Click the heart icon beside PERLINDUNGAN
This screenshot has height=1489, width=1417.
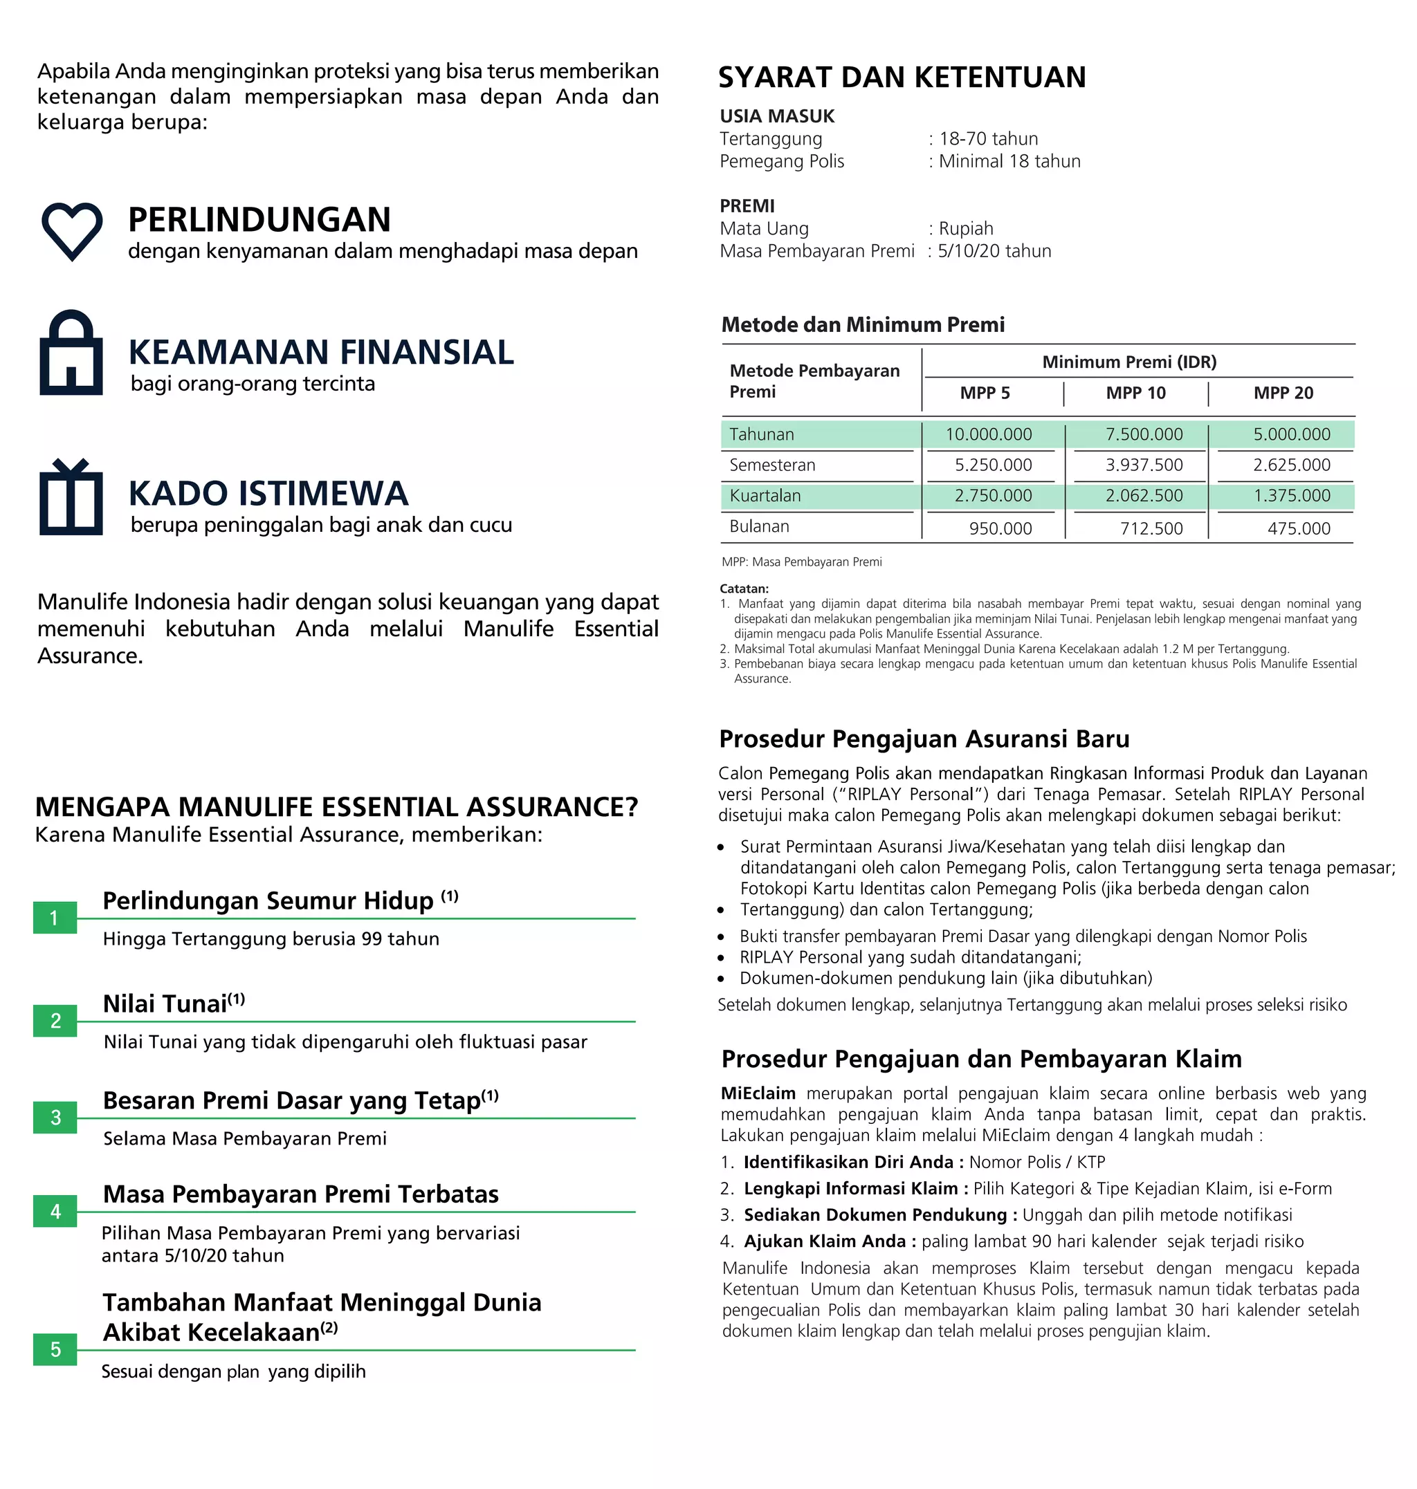[x=71, y=230]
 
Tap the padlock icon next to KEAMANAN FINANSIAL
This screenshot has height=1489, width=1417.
[x=71, y=353]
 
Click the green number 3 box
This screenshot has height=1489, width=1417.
[x=55, y=1118]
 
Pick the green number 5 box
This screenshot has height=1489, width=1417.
[x=55, y=1349]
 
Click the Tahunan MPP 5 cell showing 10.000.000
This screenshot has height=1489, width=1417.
[x=988, y=434]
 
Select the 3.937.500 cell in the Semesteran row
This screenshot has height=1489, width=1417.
[x=1144, y=465]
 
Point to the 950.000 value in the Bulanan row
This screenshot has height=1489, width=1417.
[x=1000, y=528]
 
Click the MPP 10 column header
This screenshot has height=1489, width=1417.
[x=1135, y=393]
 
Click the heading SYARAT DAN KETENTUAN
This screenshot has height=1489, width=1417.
[x=901, y=77]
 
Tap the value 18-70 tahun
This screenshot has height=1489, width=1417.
[x=988, y=139]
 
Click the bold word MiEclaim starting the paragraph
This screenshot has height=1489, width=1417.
[x=758, y=1093]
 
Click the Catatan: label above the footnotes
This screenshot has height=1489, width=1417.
[x=743, y=589]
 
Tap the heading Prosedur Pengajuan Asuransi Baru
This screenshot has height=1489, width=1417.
[x=924, y=739]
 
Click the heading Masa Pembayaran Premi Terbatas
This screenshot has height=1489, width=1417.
[x=300, y=1194]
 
